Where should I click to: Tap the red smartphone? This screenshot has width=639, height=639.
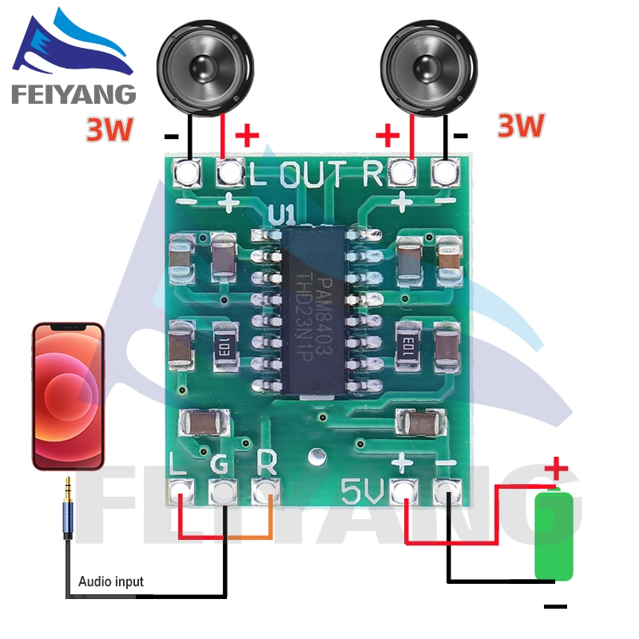(68, 395)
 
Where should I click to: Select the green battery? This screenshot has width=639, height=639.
(554, 536)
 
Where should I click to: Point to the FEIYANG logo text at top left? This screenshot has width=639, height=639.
(73, 93)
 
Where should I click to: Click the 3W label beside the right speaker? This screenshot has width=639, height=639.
(521, 125)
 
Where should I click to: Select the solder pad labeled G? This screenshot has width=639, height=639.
(223, 491)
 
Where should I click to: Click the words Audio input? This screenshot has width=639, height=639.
(111, 581)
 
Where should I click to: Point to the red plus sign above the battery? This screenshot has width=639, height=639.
(556, 469)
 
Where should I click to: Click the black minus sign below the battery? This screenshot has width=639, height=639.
(556, 607)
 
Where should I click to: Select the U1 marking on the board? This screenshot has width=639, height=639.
(282, 214)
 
